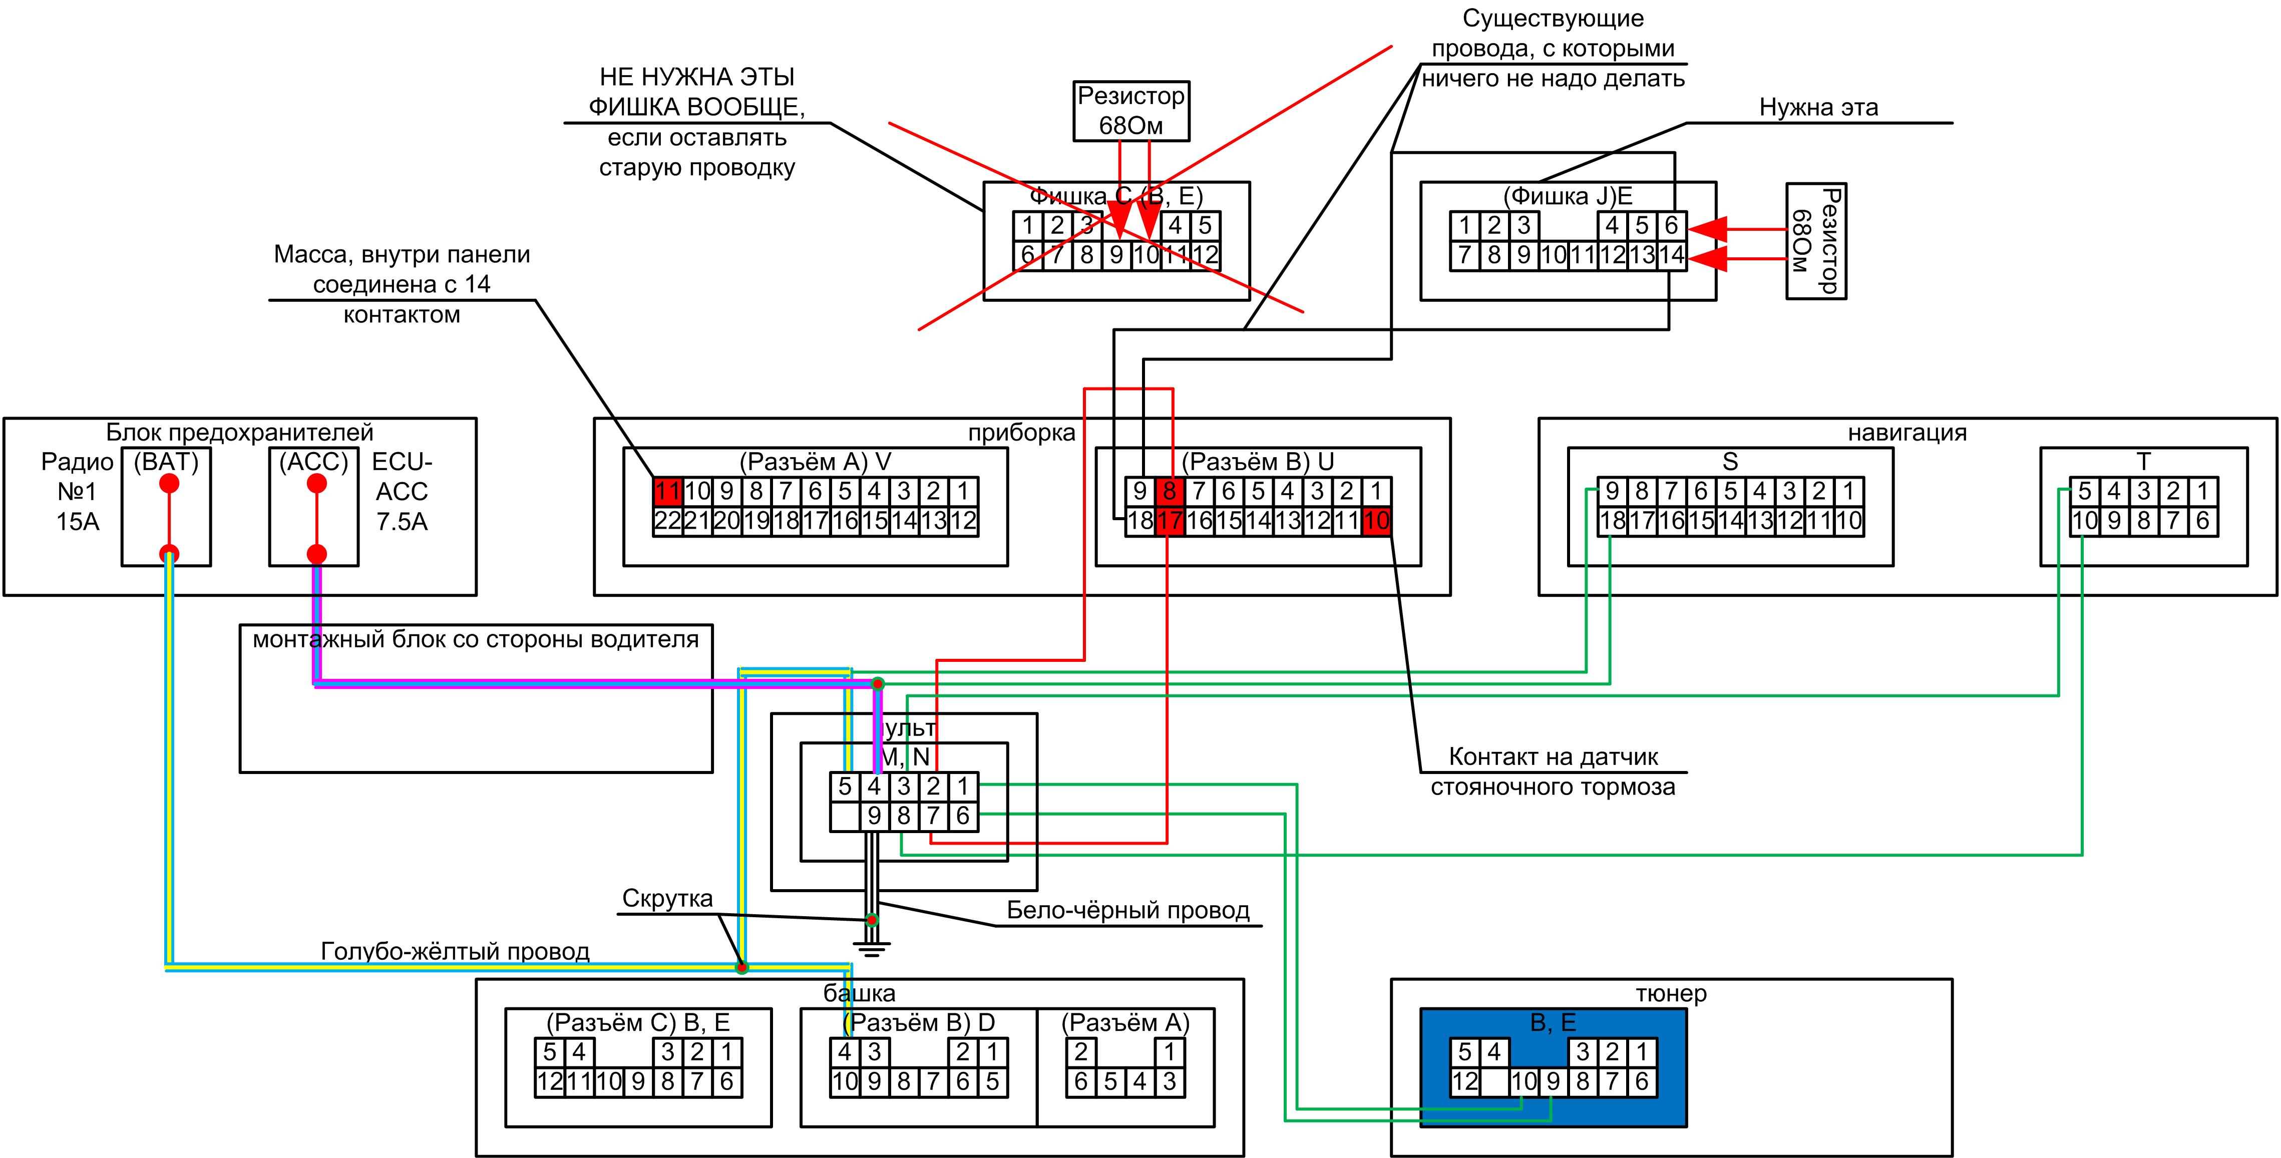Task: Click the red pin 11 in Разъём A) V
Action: coord(668,491)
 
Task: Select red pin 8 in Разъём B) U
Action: coord(1169,491)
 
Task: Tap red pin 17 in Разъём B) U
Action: coord(1169,521)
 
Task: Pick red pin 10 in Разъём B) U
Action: coord(1376,521)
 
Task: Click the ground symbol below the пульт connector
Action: coord(872,949)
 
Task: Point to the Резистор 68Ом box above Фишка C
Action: coord(1131,111)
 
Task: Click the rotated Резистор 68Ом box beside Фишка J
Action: coord(1815,241)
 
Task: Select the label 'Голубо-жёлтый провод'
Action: coord(455,952)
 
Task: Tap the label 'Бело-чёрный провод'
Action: coord(1128,910)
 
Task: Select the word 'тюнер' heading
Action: coord(1670,993)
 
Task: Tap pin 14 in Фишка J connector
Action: coord(1671,255)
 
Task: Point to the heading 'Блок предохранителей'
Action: coord(239,433)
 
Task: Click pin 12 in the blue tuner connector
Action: coord(1464,1081)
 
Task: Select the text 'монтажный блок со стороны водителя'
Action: coord(476,639)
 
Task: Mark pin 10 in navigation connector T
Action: coord(2084,521)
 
